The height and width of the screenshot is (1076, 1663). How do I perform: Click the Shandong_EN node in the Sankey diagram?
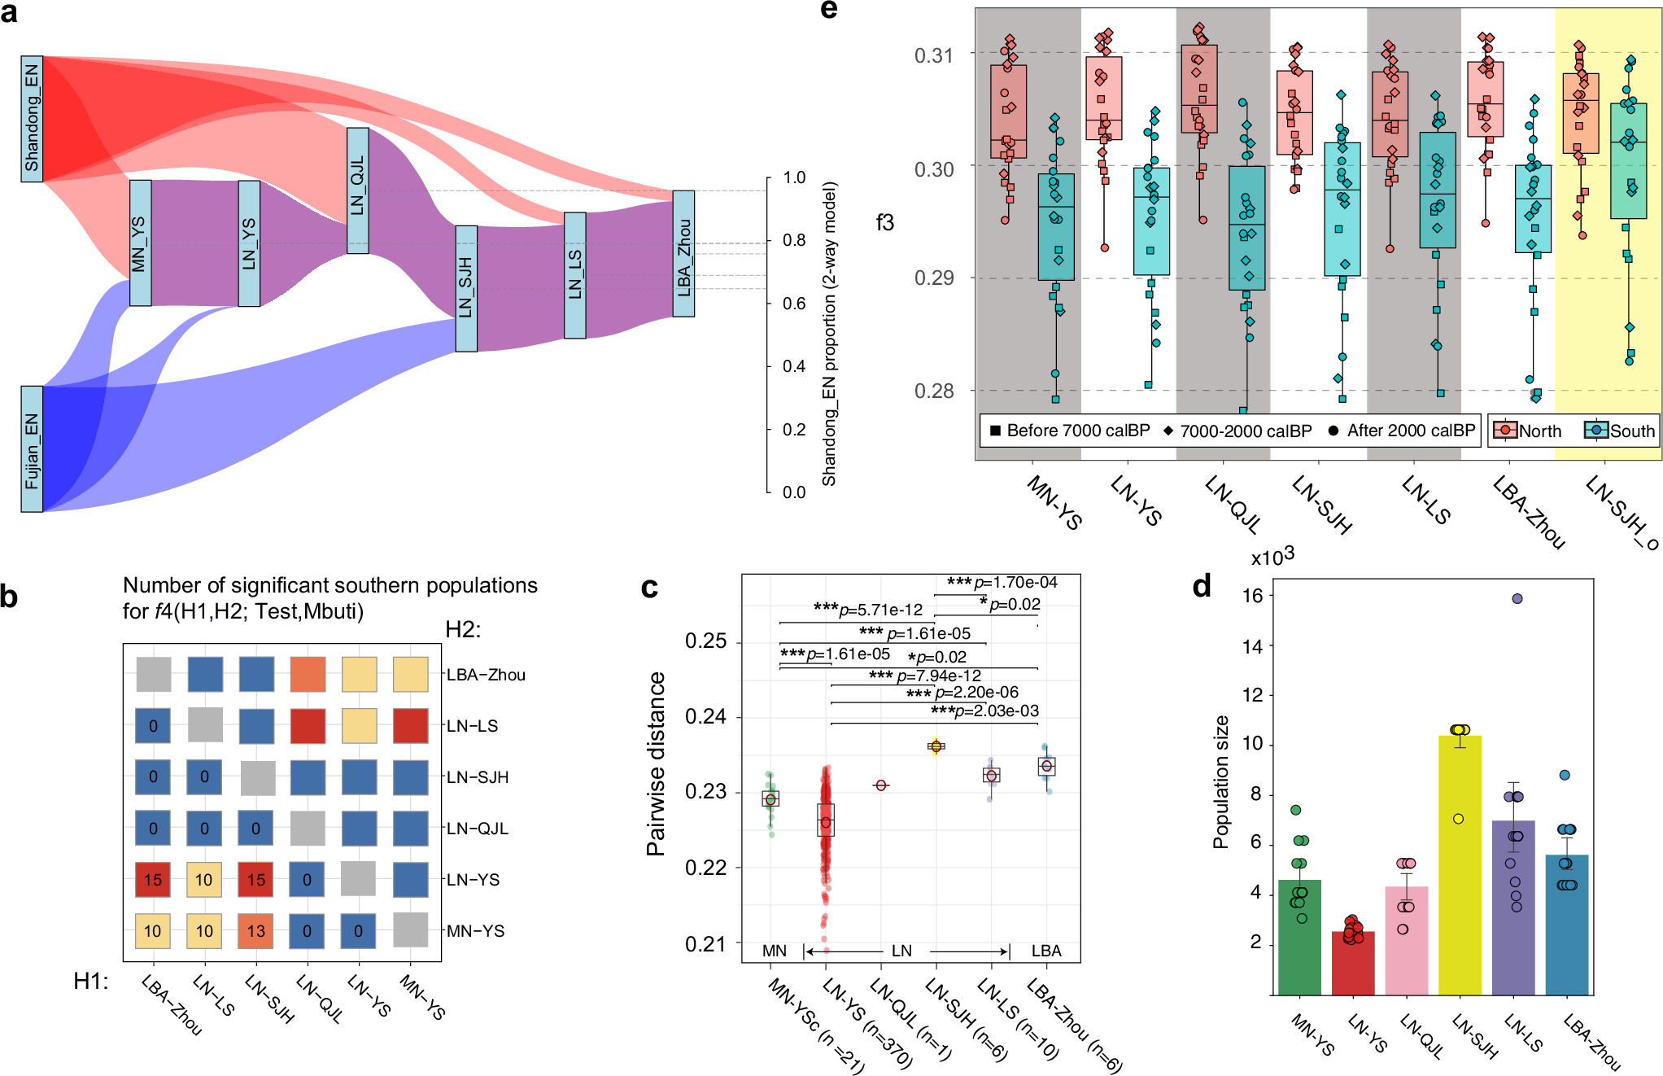(32, 119)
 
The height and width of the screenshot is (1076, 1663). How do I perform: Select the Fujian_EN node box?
(32, 448)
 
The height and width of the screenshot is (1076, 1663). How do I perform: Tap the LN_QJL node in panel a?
(358, 190)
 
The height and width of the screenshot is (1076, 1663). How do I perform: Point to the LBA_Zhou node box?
(683, 254)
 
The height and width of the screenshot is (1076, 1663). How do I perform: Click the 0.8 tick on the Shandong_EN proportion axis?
(794, 241)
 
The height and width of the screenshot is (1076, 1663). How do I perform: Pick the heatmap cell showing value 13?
(256, 930)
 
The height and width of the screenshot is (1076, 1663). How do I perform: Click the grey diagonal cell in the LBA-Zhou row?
(154, 675)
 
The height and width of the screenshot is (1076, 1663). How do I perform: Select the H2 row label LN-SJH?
(478, 777)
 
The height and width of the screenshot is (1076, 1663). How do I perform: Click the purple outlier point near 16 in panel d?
(1517, 599)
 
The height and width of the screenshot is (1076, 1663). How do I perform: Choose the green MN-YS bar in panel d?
(1299, 937)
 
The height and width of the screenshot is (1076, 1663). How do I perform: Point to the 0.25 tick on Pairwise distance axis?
(705, 641)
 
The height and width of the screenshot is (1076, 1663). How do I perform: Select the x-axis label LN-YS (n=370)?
(867, 1024)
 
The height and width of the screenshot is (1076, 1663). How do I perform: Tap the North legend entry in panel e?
(1530, 431)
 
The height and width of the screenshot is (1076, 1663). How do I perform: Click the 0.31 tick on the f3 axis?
(933, 55)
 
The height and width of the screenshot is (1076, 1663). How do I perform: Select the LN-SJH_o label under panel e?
(1622, 513)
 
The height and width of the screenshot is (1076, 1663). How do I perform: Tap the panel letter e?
(828, 10)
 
